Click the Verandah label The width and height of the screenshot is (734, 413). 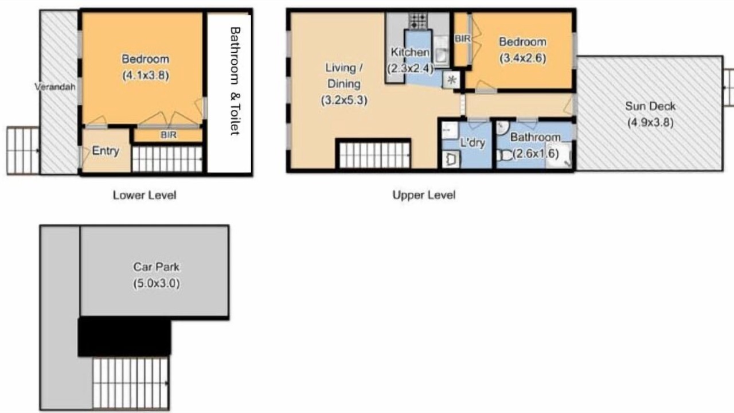[55, 87]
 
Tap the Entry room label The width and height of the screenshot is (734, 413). [106, 151]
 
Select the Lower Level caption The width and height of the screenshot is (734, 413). [145, 196]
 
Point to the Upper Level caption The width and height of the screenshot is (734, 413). [424, 195]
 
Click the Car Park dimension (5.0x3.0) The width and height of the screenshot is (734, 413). [157, 283]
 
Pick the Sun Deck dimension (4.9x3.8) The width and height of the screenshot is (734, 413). [650, 123]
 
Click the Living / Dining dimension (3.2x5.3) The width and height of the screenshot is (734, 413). [344, 100]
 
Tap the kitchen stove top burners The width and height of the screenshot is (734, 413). [419, 21]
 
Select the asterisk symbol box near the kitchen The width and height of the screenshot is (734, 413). [451, 80]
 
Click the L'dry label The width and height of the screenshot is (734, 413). [473, 143]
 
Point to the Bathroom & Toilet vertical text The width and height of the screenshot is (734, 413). [235, 81]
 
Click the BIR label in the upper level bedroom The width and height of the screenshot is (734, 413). [462, 38]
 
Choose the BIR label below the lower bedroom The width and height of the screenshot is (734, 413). [169, 135]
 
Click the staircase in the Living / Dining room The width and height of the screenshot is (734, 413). [374, 154]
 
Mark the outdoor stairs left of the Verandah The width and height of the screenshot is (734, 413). [24, 150]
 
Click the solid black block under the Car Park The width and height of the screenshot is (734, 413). [124, 337]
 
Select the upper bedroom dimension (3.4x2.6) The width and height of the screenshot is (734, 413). [522, 59]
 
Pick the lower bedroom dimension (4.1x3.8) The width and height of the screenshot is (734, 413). [146, 76]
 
